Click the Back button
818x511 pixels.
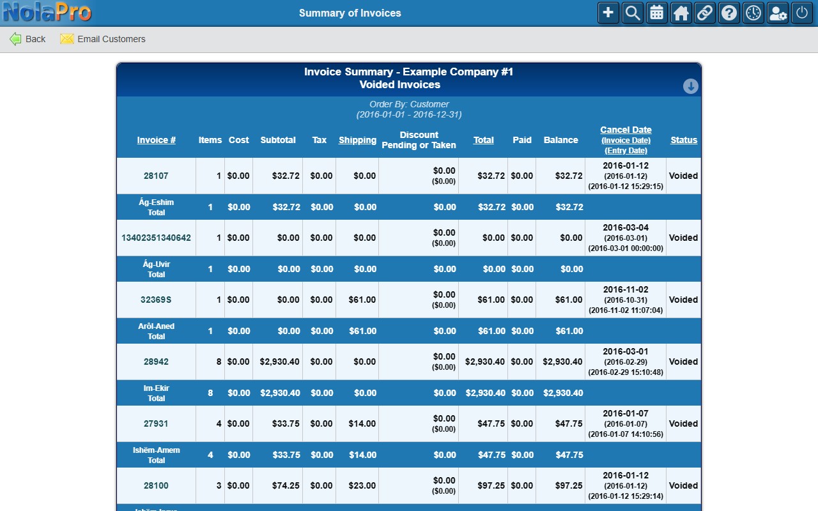click(x=27, y=39)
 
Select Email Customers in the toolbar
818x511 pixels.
click(x=103, y=39)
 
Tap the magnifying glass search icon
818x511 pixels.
click(x=632, y=13)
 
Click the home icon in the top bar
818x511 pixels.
click(x=681, y=13)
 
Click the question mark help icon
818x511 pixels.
click(x=729, y=13)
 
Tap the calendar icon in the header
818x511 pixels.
click(x=656, y=13)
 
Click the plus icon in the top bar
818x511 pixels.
click(x=608, y=13)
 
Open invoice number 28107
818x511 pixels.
click(x=156, y=176)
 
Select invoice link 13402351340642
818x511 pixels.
click(x=156, y=238)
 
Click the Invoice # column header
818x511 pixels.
click(x=157, y=140)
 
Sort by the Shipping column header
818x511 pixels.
click(x=357, y=140)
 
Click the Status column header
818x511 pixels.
click(x=684, y=140)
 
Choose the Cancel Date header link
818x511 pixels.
click(x=626, y=130)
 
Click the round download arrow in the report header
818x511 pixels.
click(x=691, y=86)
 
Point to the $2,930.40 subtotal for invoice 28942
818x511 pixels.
click(x=279, y=362)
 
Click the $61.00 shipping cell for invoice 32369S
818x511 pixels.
click(x=362, y=300)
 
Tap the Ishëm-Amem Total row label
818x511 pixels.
click(x=157, y=455)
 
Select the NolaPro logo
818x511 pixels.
click(x=47, y=12)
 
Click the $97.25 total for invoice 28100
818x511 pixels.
click(x=491, y=486)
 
